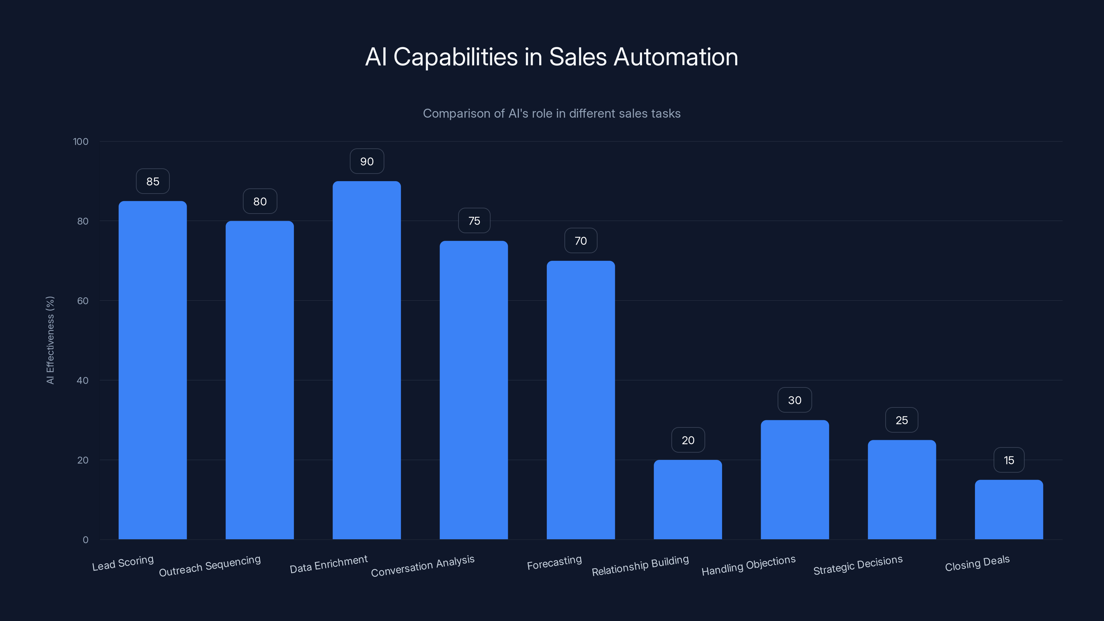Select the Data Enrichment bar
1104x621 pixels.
[x=366, y=360]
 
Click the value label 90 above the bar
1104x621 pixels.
[x=367, y=161]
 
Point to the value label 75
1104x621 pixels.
[x=474, y=221]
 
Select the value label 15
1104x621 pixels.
[x=1009, y=460]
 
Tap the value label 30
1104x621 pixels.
[x=795, y=400]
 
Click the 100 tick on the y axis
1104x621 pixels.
[x=81, y=141]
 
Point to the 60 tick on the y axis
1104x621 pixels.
[x=83, y=301]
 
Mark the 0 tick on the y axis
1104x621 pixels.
[x=85, y=540]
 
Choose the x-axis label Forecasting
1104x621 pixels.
[x=554, y=563]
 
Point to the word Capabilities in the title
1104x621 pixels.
[x=455, y=57]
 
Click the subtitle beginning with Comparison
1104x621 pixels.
[x=552, y=114]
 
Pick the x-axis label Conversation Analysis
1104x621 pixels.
[x=423, y=566]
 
